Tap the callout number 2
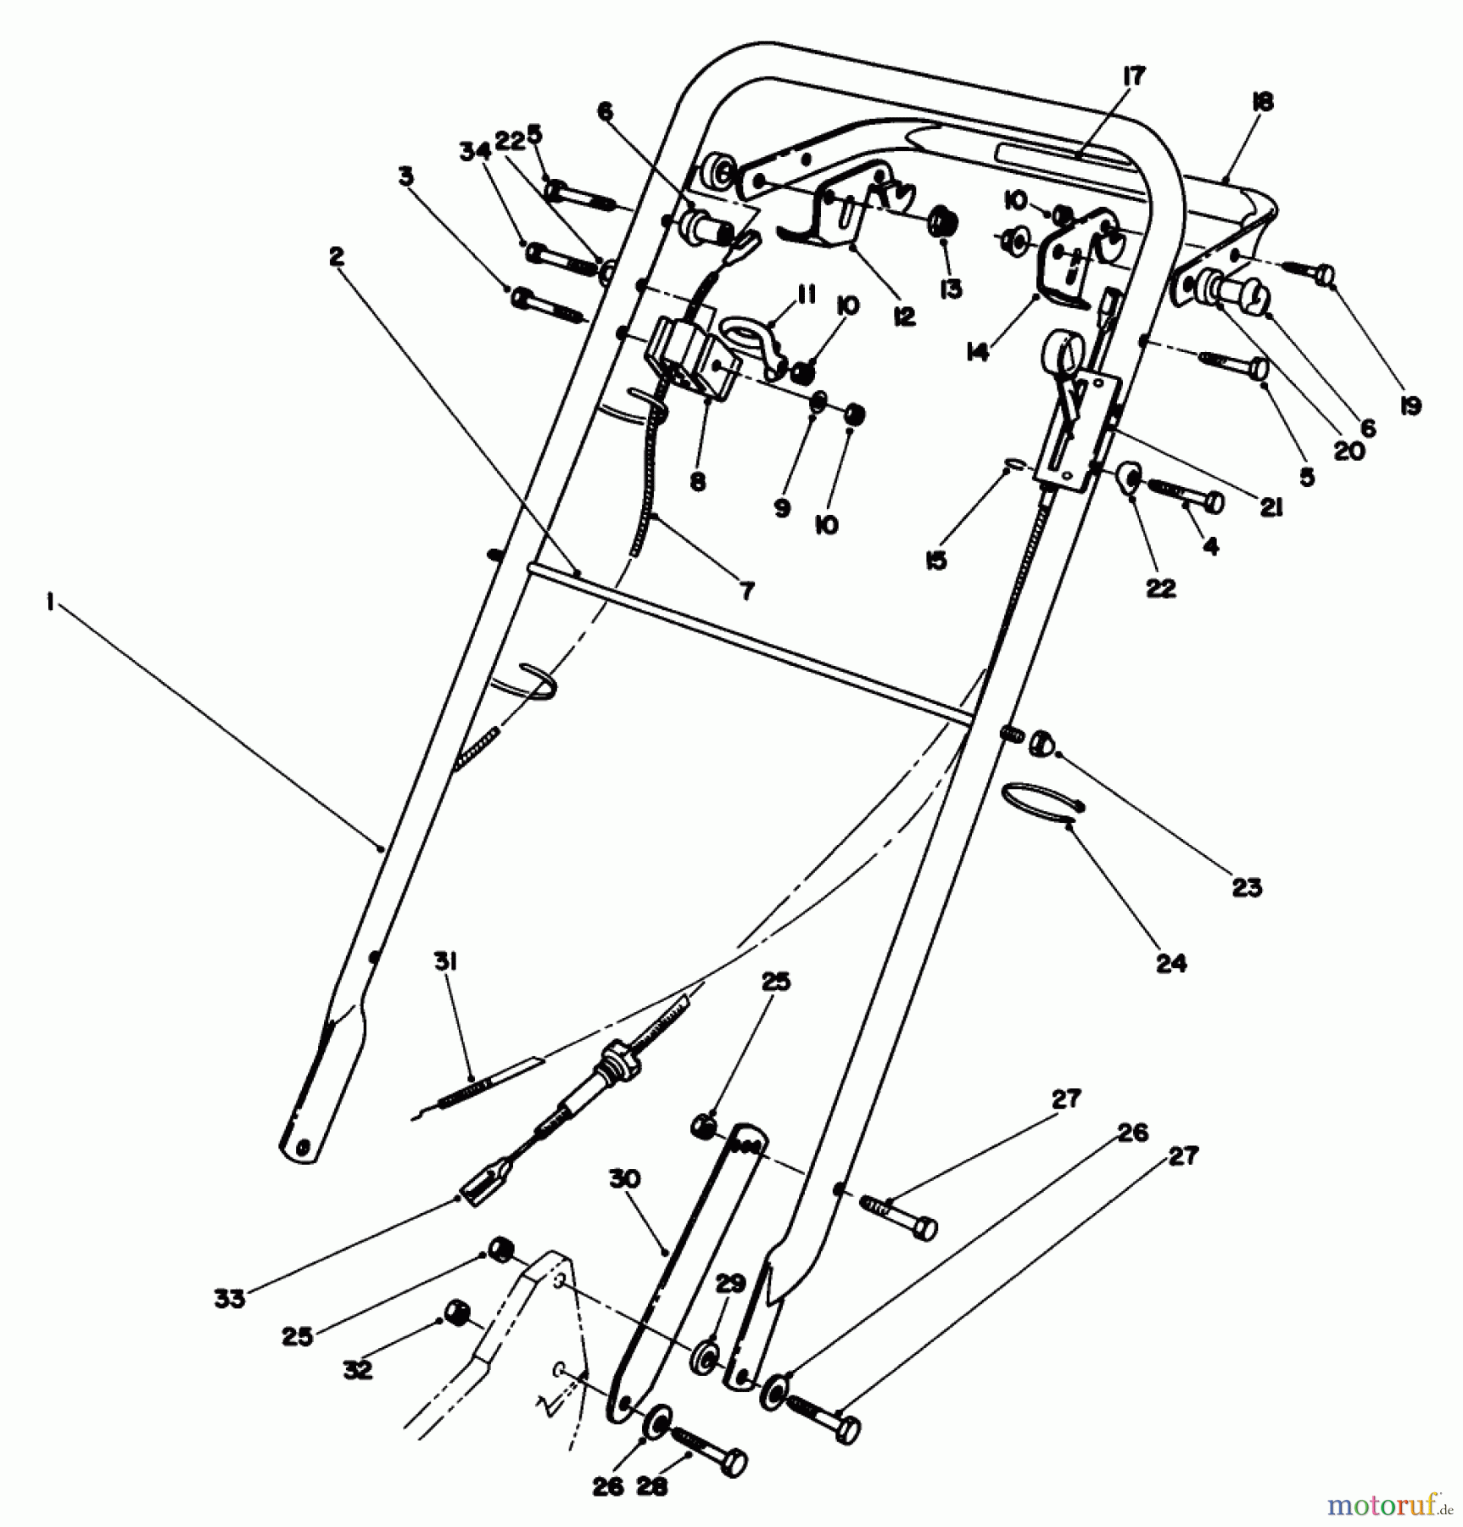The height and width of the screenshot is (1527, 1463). [x=338, y=255]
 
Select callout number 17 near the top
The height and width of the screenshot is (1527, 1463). [x=1134, y=76]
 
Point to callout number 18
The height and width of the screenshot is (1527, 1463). [x=1262, y=103]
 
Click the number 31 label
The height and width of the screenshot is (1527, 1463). [x=446, y=961]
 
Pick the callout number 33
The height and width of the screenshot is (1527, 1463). [x=229, y=1298]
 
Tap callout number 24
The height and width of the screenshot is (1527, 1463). [x=1171, y=963]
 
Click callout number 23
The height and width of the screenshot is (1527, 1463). [x=1247, y=888]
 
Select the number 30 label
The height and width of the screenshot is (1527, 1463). [x=625, y=1178]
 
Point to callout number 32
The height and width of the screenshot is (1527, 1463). [x=357, y=1370]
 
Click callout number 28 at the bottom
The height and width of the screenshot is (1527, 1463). [x=652, y=1487]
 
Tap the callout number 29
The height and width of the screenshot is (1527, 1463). [x=730, y=1283]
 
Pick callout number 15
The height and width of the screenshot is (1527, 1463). [x=936, y=561]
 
